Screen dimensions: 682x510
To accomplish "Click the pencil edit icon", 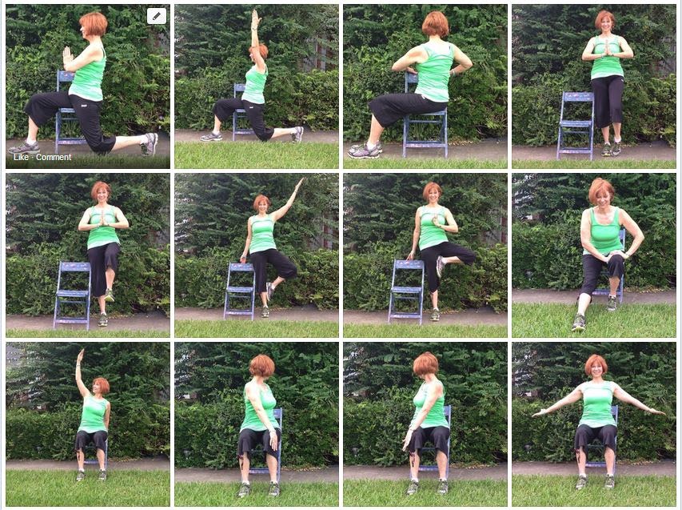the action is click(x=157, y=17).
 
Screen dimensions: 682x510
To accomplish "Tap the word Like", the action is click(x=21, y=157).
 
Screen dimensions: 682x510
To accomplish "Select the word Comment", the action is click(x=54, y=157).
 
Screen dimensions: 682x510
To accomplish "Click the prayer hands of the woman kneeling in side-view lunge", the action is click(x=67, y=57).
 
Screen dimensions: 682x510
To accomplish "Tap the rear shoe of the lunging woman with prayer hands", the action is click(x=150, y=144).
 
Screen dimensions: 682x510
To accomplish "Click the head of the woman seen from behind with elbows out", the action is click(x=436, y=25).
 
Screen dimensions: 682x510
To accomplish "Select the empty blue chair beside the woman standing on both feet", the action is click(x=576, y=125).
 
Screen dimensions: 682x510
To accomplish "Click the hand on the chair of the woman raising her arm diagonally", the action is click(x=242, y=260).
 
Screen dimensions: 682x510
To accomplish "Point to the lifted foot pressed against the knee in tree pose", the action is click(x=440, y=266).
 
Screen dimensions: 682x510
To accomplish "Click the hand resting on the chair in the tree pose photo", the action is click(x=409, y=256).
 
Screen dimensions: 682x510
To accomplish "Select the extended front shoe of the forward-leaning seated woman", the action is click(x=579, y=323).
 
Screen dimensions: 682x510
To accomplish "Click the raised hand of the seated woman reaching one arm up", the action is click(x=80, y=357).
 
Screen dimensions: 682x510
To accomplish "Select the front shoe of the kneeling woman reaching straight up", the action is click(x=210, y=137).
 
